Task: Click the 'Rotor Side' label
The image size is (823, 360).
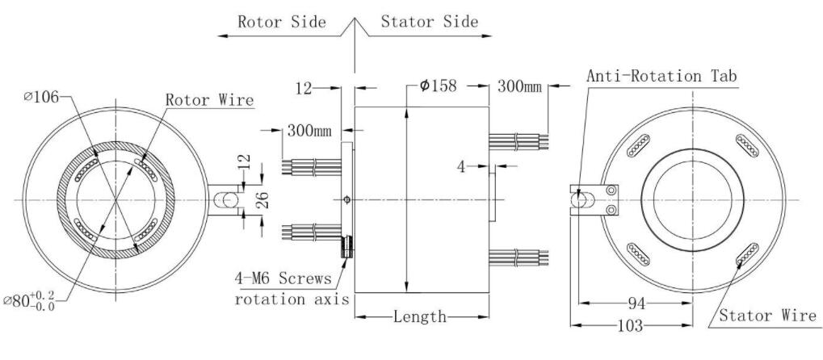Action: (x=281, y=22)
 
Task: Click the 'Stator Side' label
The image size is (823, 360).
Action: (x=430, y=22)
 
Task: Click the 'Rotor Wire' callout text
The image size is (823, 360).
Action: (x=209, y=100)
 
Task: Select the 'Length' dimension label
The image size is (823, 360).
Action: (x=420, y=316)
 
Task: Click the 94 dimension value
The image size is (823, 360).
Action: (x=636, y=303)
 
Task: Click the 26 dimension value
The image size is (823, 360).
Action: (x=263, y=199)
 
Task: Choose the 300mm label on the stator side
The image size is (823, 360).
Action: (x=519, y=86)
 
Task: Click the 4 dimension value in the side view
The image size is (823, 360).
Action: (x=461, y=166)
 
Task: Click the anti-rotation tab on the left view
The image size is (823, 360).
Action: (x=225, y=199)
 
